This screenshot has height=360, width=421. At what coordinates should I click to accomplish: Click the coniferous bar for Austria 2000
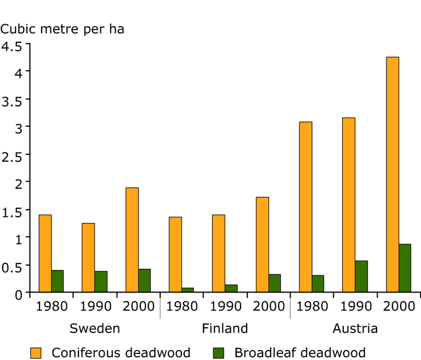(392, 175)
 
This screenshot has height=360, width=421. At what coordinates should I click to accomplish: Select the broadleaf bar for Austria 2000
(405, 268)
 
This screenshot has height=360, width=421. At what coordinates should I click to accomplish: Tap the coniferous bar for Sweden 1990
(88, 257)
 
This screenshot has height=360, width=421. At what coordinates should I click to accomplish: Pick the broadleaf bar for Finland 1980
(187, 290)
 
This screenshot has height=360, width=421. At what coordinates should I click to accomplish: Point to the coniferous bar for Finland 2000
(262, 244)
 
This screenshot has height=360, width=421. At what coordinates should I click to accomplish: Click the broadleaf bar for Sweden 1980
(58, 281)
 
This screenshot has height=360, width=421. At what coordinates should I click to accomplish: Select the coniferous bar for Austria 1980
(306, 207)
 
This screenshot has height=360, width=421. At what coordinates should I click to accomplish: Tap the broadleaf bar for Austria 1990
(361, 277)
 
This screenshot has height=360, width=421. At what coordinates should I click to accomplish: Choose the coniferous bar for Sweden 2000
(132, 240)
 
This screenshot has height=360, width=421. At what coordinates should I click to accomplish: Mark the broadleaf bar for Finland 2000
(275, 283)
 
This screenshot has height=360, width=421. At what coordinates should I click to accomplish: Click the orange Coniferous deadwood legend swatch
(36, 352)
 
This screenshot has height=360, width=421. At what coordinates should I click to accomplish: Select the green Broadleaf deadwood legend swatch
(219, 352)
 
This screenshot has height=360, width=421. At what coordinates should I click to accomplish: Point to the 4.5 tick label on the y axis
(12, 46)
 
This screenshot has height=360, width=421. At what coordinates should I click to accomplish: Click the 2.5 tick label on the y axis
(12, 155)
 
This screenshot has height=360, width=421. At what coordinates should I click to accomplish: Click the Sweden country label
(95, 329)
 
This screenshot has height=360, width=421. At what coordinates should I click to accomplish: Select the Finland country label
(225, 329)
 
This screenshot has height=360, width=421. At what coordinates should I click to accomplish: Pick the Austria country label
(355, 329)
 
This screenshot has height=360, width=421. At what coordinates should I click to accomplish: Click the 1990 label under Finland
(225, 306)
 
